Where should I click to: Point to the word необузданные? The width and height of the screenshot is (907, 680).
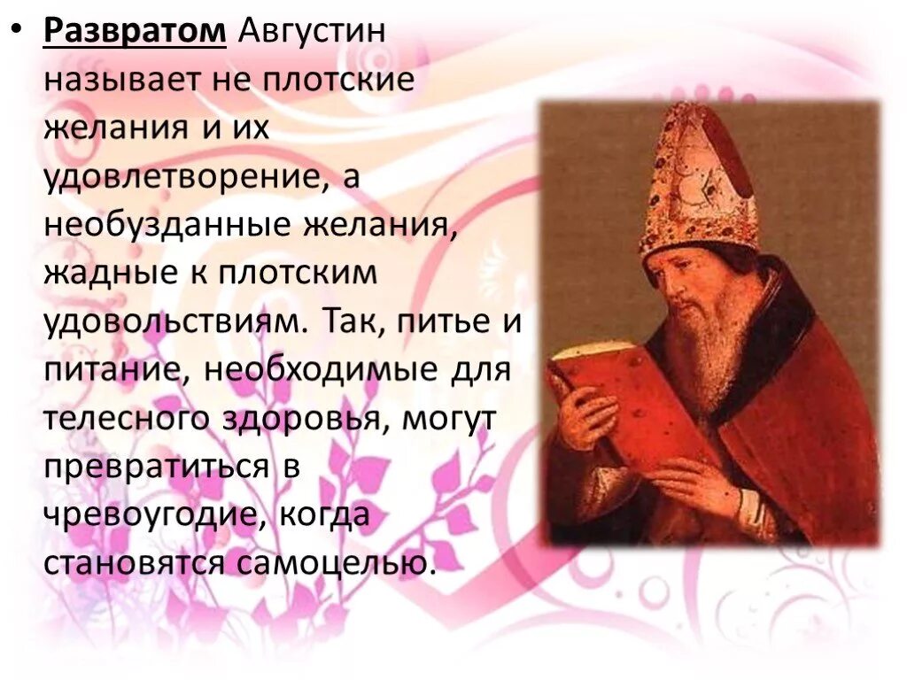click(165, 226)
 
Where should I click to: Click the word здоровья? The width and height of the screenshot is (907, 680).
click(298, 419)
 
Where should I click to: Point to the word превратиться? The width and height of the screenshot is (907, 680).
click(156, 467)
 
